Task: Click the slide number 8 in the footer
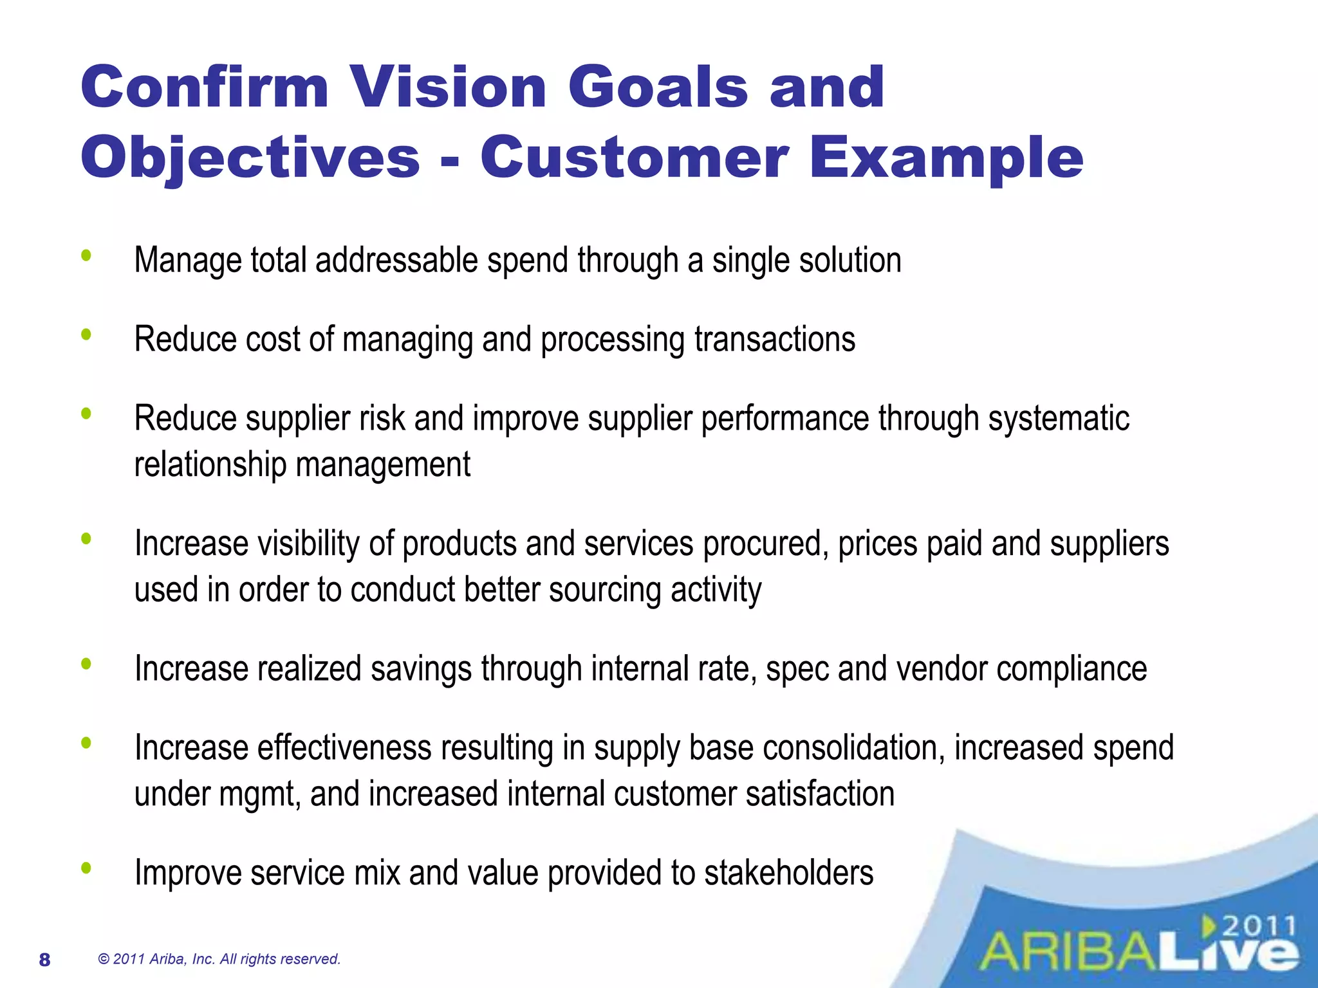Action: tap(44, 960)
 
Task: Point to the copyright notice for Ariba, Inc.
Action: tap(219, 959)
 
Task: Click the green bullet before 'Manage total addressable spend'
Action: tap(86, 256)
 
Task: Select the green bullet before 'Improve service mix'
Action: tap(86, 868)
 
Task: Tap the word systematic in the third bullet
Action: tap(1059, 419)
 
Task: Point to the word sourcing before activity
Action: tap(604, 590)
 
